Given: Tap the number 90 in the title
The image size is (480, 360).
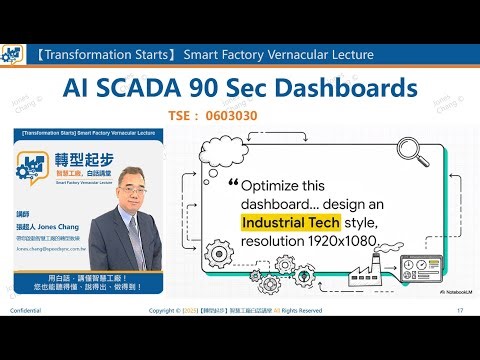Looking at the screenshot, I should (223, 89).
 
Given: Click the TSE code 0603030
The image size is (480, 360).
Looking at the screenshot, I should (209, 116).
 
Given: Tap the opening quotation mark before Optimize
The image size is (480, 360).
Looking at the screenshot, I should (234, 185).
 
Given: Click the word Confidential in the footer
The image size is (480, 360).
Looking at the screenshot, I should (27, 339).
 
